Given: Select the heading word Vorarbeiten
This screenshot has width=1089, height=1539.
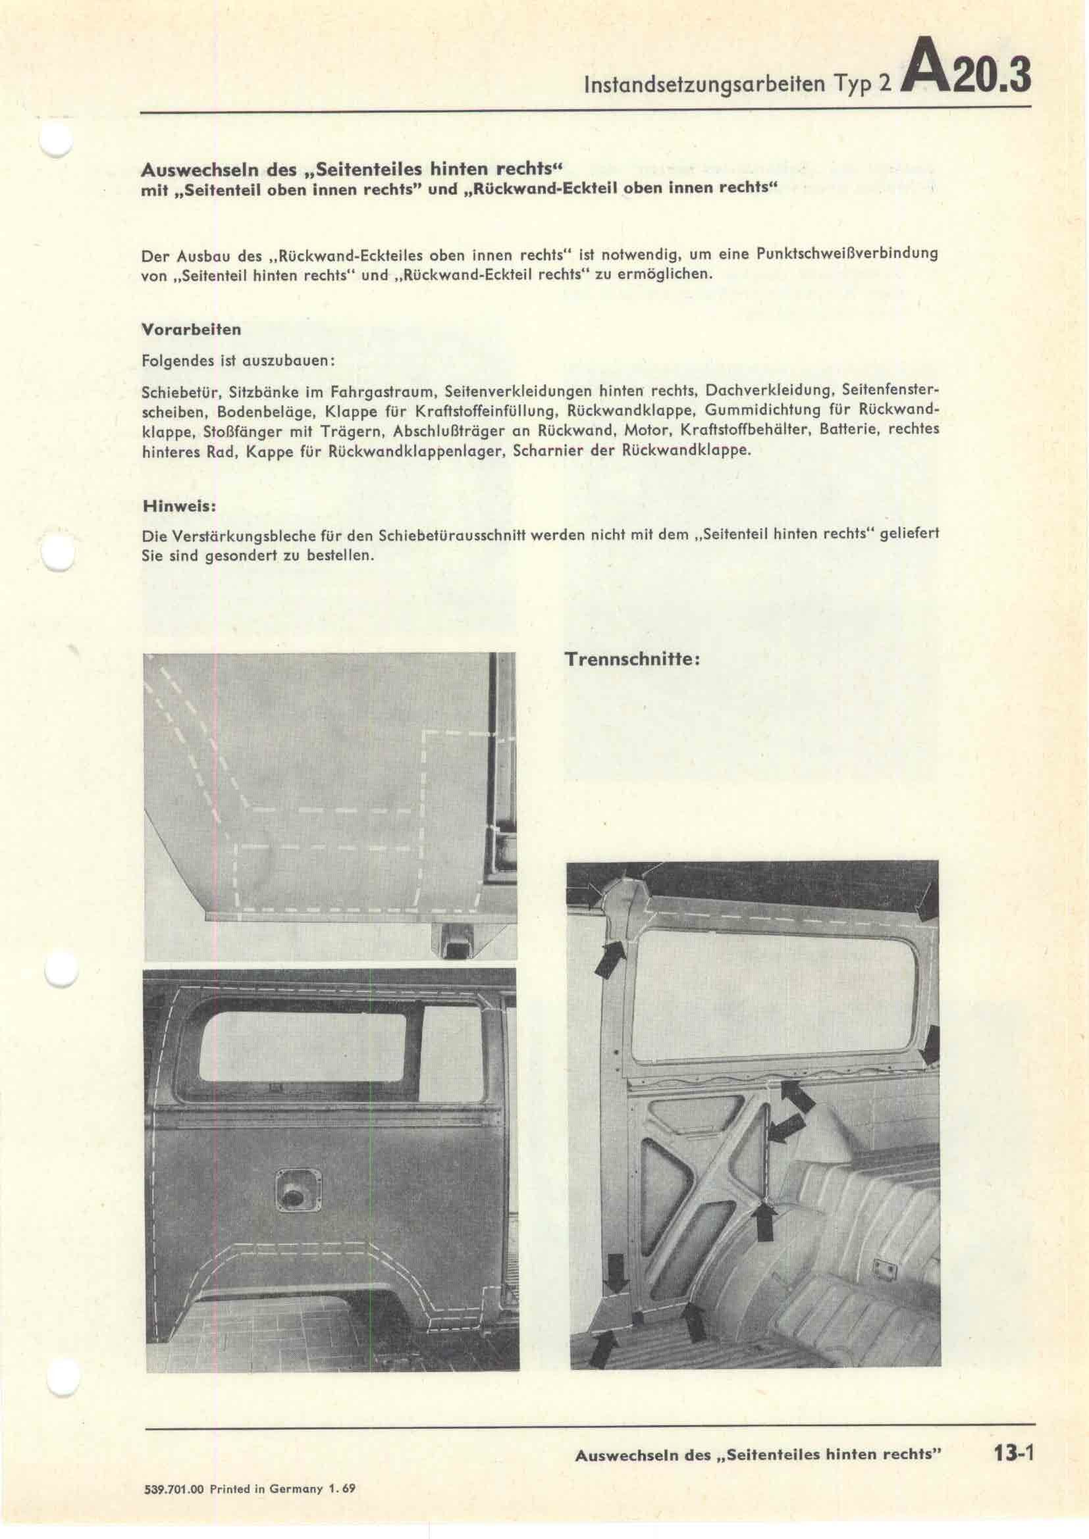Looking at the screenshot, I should [x=191, y=330].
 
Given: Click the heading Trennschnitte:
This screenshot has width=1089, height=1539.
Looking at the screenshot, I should [x=633, y=659].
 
